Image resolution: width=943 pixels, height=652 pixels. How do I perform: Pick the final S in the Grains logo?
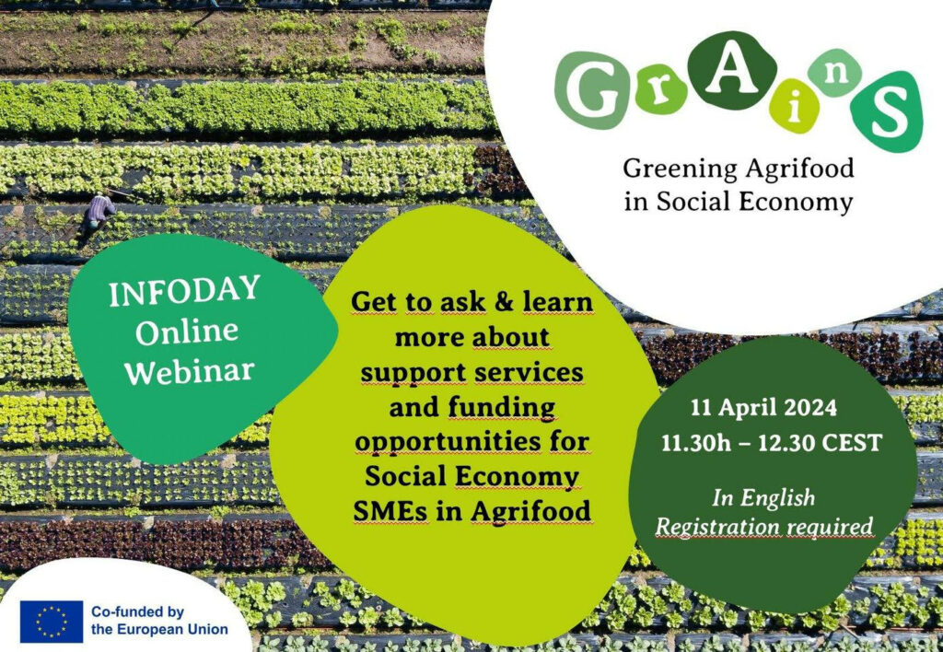[888, 111]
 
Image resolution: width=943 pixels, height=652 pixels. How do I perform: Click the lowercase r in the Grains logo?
[660, 94]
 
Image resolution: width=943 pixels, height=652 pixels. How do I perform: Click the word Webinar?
[190, 370]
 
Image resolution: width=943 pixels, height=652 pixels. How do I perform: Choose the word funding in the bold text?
[502, 408]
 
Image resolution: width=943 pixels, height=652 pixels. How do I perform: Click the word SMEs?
[390, 511]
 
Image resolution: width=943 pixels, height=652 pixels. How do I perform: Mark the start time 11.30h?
[696, 443]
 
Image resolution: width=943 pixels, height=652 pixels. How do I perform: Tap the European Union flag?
[52, 622]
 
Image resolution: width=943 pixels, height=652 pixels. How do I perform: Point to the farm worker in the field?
[99, 213]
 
